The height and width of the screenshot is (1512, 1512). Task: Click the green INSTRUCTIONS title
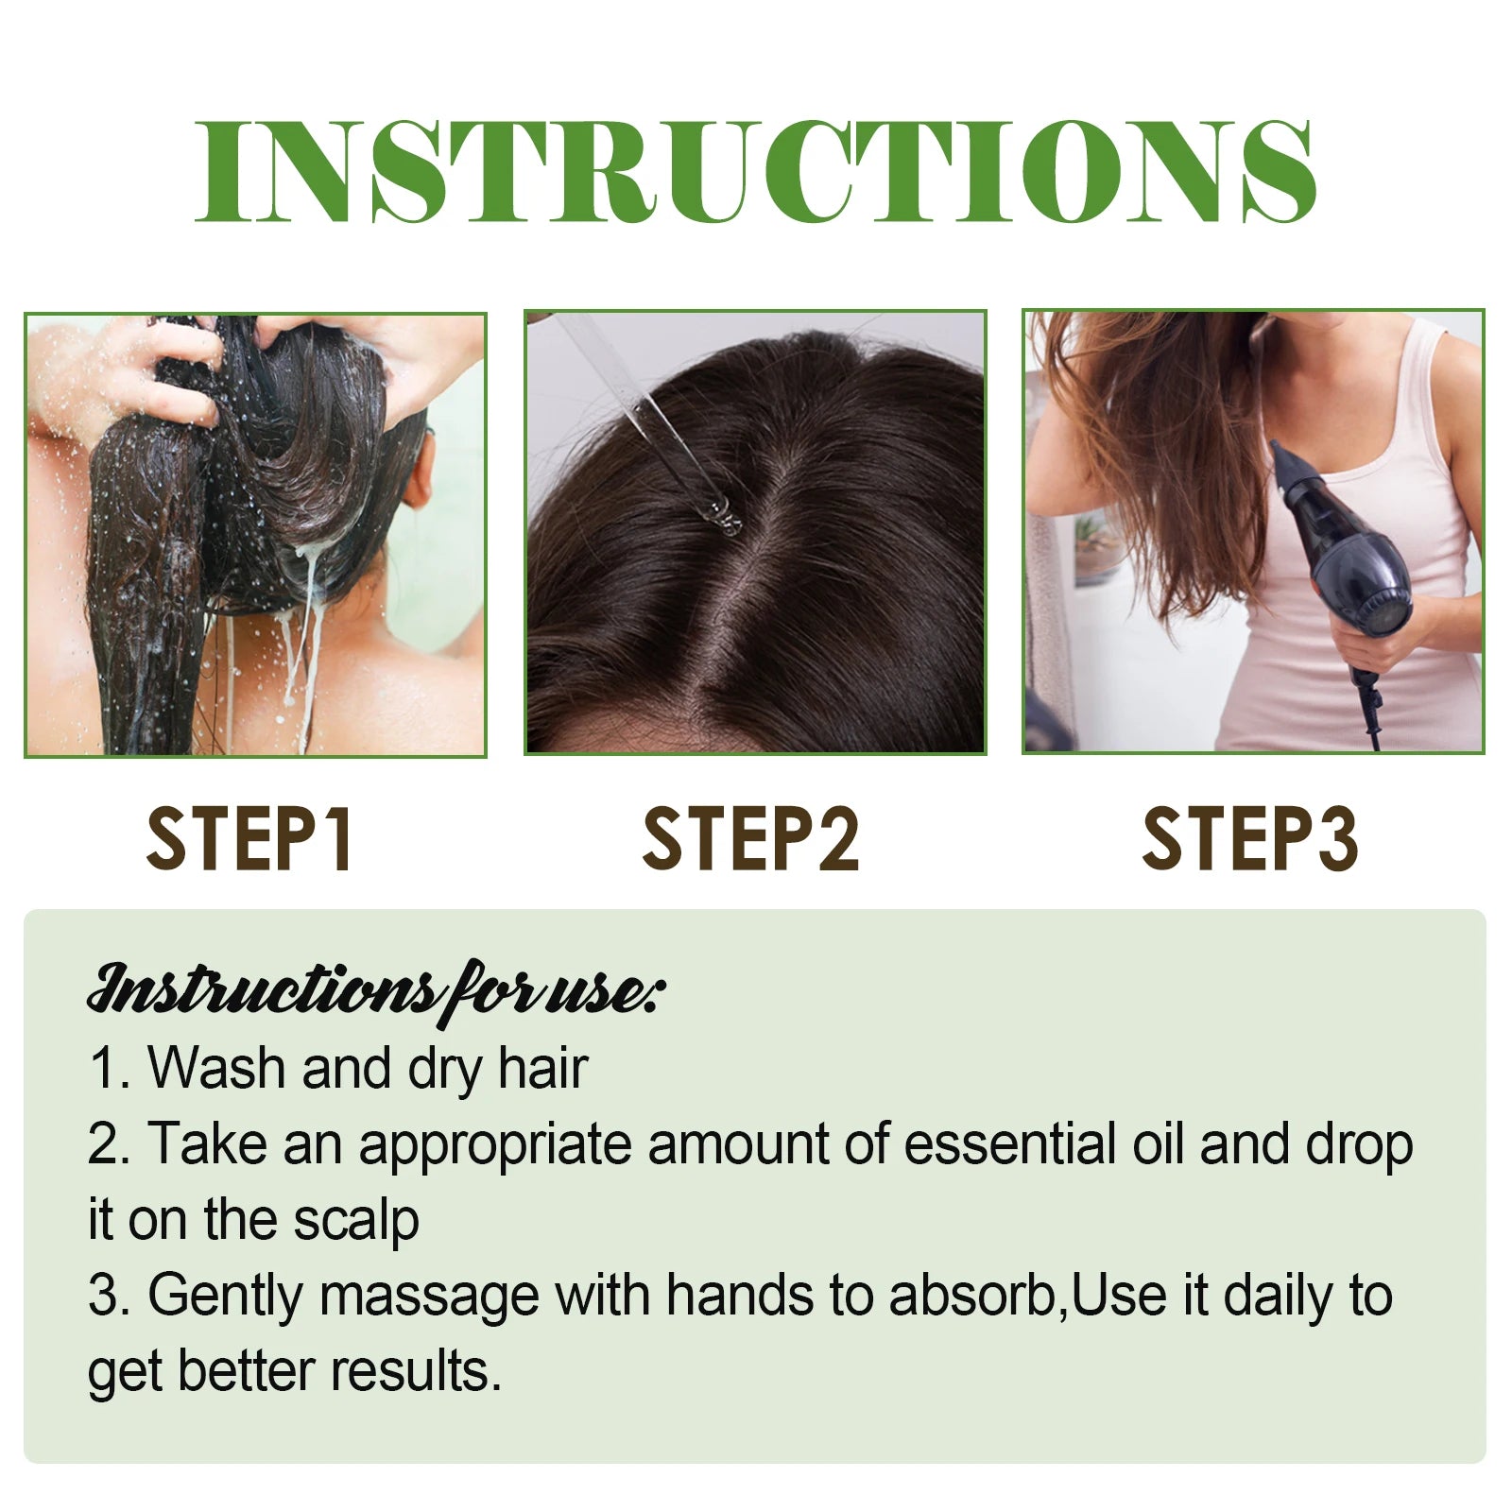tap(756, 173)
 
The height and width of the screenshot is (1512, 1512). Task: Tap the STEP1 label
tap(251, 839)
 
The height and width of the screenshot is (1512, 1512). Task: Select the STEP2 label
tap(751, 839)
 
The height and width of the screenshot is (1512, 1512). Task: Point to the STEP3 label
tap(1250, 839)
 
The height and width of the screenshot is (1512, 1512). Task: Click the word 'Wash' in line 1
tap(216, 1068)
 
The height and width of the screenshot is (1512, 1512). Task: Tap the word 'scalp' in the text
tap(355, 1221)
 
